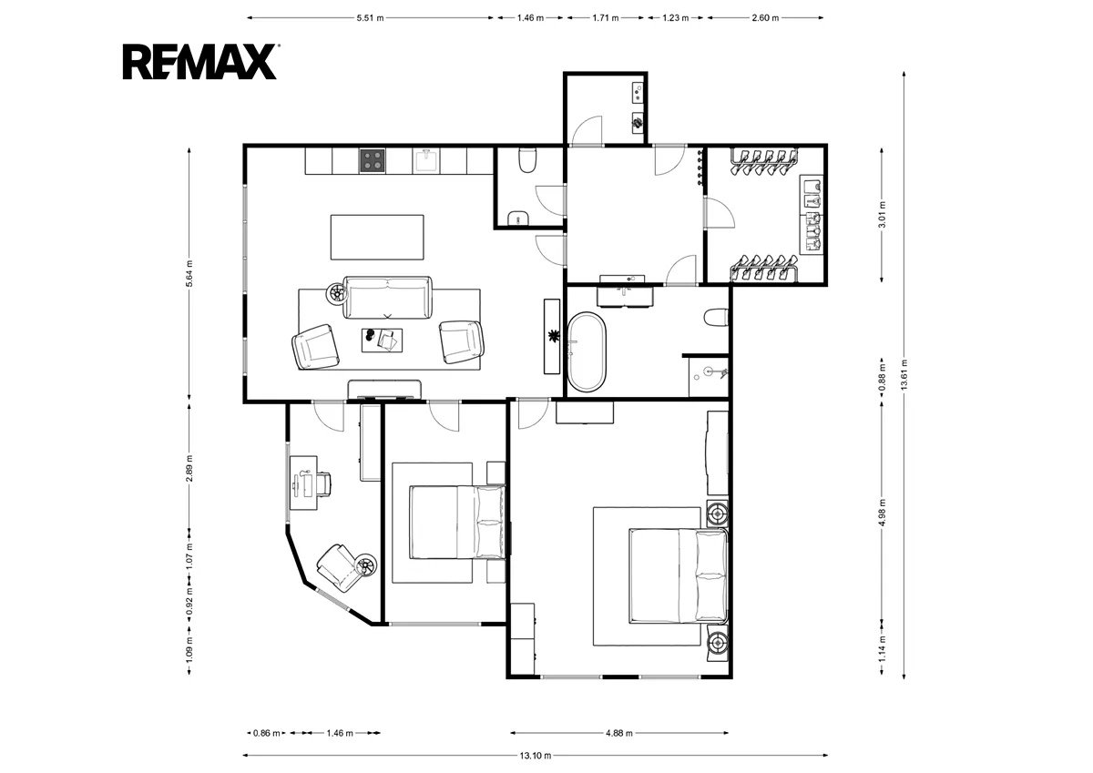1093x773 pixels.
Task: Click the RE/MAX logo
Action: [x=200, y=61]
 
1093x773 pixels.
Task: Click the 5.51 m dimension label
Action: [x=370, y=18]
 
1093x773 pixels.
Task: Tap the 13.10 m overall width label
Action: [x=536, y=756]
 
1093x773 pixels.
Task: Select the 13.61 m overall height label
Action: [x=904, y=374]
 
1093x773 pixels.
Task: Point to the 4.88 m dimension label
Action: [x=619, y=733]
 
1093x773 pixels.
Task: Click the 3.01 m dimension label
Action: [x=882, y=215]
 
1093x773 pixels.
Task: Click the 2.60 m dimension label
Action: [x=765, y=18]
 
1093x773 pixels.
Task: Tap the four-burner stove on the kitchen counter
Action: [x=373, y=160]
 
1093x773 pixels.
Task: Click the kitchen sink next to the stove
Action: [x=426, y=160]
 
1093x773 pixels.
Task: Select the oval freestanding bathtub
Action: [x=587, y=351]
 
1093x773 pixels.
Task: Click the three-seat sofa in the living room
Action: [x=387, y=298]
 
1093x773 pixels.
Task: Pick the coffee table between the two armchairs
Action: [x=382, y=340]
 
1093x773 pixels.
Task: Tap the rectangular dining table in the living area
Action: [x=377, y=237]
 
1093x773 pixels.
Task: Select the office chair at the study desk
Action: [x=324, y=483]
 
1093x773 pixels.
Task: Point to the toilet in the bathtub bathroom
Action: [x=716, y=318]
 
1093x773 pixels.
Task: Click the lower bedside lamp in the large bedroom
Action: [x=718, y=643]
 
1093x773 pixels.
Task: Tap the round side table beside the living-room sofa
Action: [x=337, y=293]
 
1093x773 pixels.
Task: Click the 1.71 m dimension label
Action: [x=606, y=18]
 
